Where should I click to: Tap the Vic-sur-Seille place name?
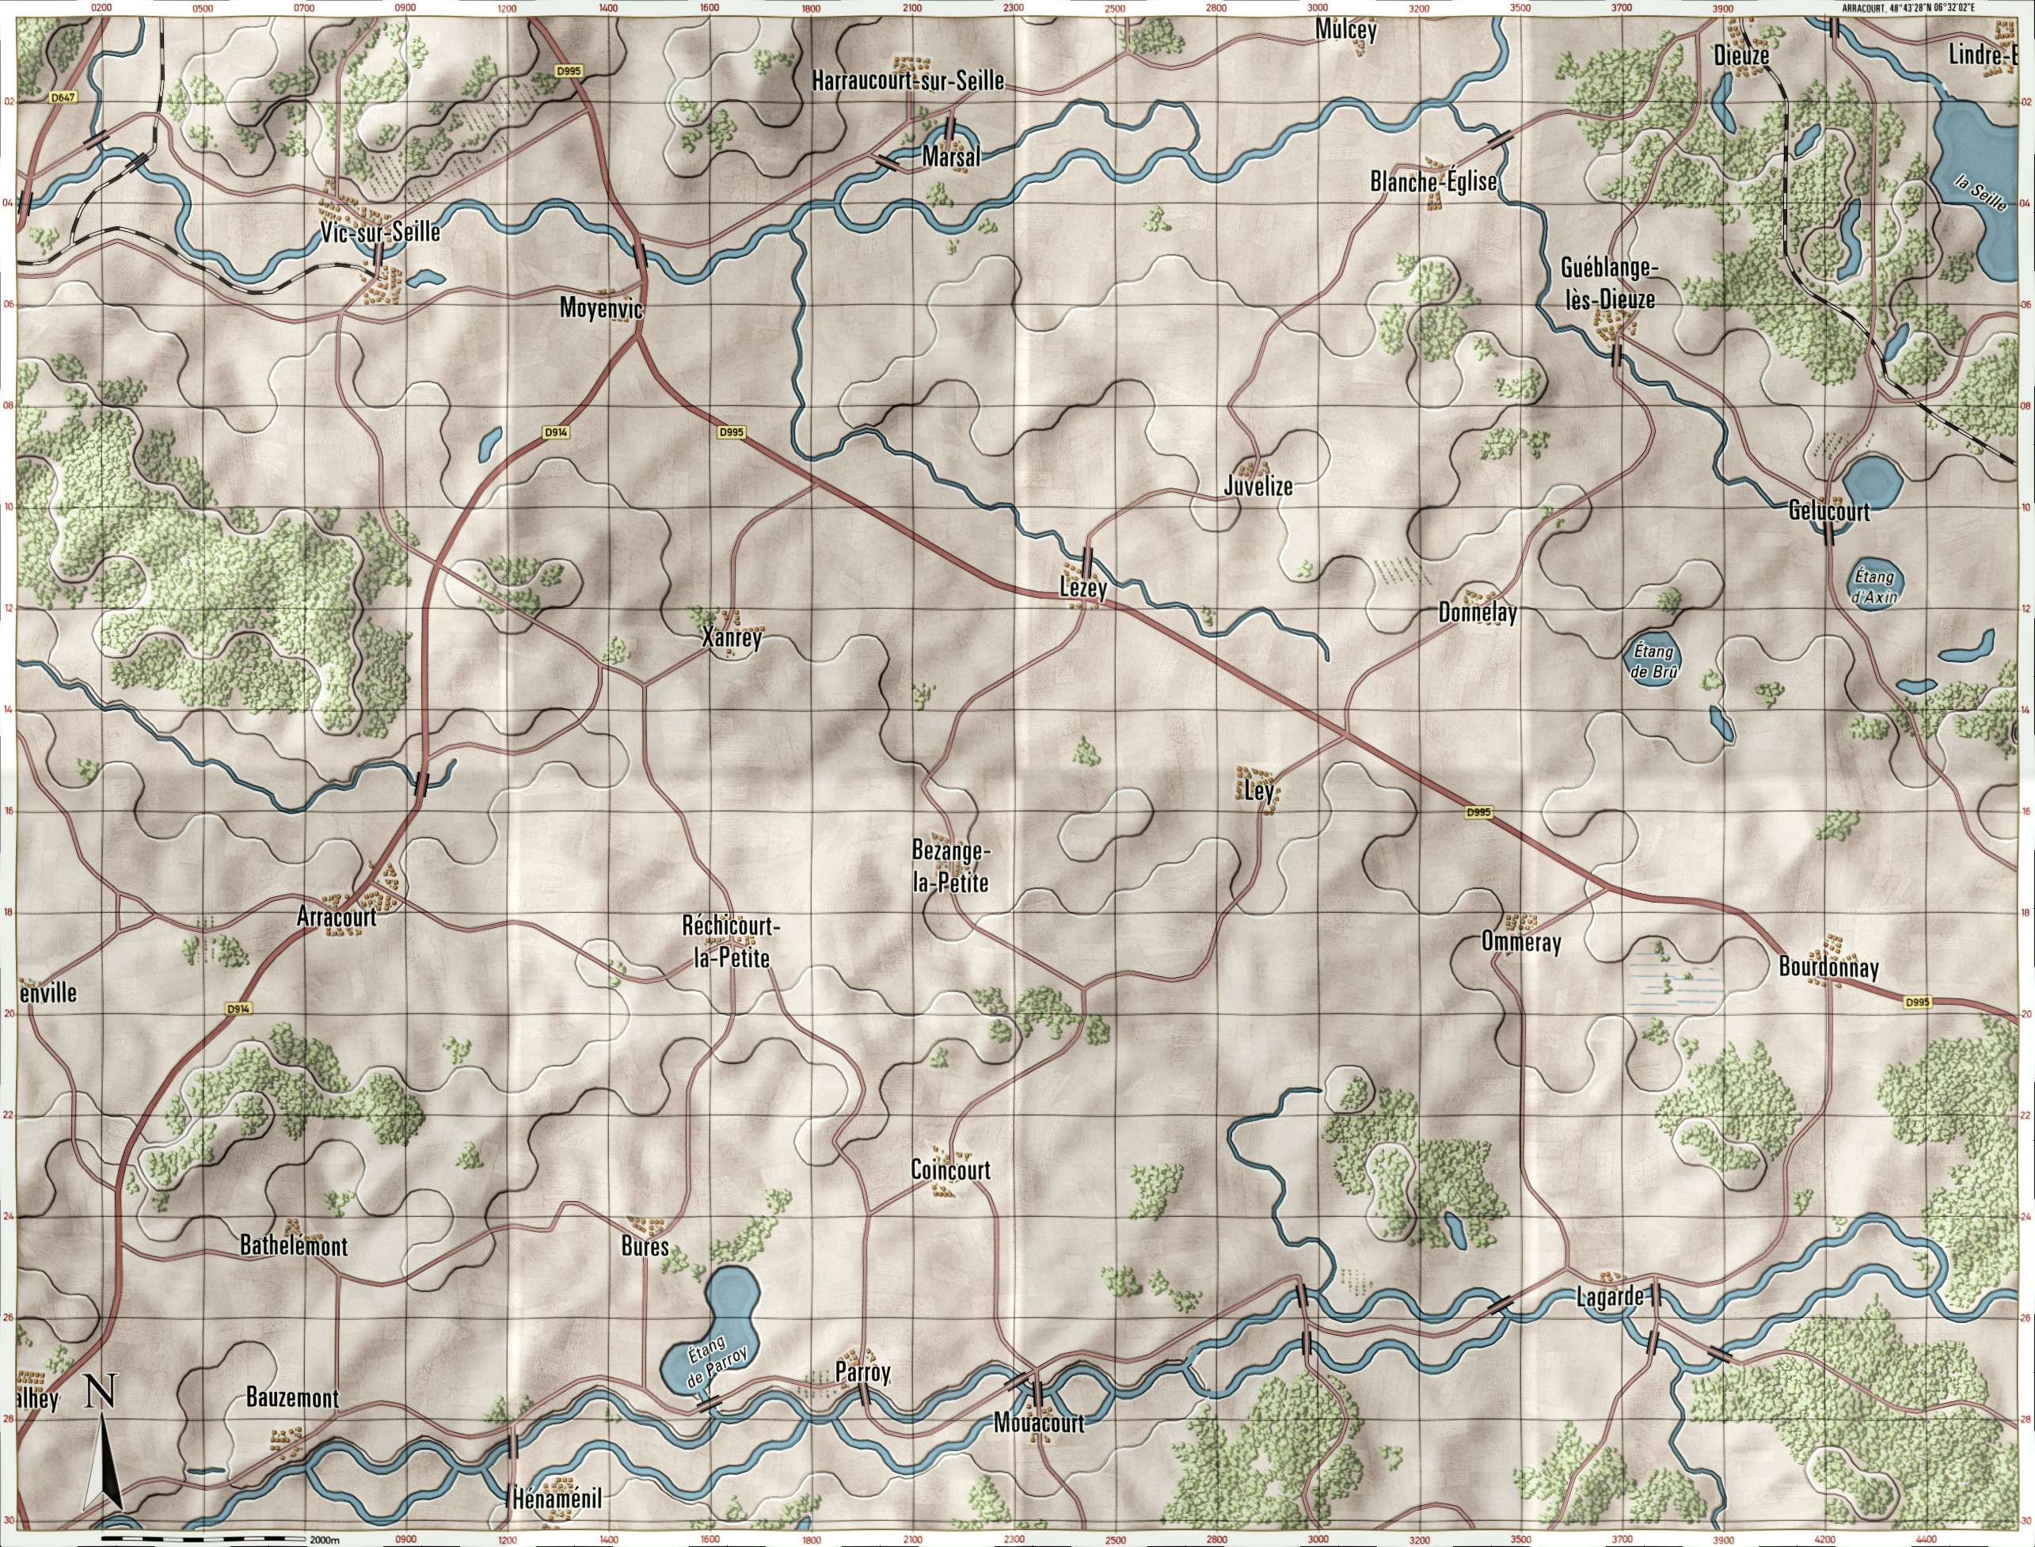coord(380,232)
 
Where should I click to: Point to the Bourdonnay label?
coord(1828,967)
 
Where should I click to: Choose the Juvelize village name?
coord(1259,486)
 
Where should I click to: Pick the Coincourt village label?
coord(950,1169)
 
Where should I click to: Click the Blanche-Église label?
coord(1432,182)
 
